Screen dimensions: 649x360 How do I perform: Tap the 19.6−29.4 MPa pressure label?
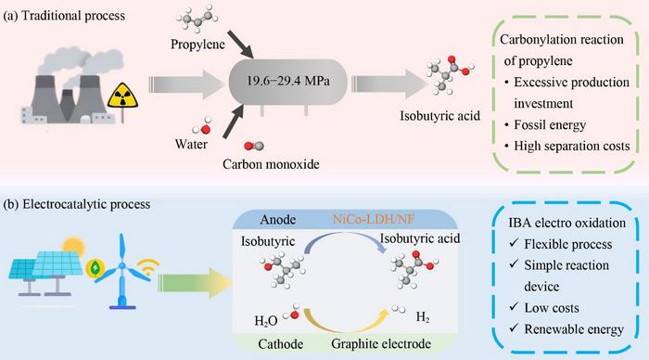[288, 81]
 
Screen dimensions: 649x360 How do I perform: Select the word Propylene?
[197, 44]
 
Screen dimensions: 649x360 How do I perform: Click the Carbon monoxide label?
[271, 164]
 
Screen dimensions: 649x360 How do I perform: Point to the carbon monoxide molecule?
[254, 146]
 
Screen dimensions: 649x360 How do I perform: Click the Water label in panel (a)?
[191, 144]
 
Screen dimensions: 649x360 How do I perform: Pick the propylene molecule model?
[197, 19]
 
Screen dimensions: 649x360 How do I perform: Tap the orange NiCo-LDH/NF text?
[374, 219]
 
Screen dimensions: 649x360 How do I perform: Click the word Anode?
[278, 219]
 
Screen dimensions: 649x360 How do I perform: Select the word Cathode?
[280, 344]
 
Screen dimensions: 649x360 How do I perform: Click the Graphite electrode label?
[381, 343]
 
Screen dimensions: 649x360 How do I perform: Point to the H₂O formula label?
[266, 321]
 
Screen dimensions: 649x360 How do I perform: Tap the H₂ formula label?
[423, 317]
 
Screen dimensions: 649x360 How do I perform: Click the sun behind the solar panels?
[73, 247]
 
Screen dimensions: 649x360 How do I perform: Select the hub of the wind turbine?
[122, 265]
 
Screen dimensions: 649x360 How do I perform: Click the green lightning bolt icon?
[95, 268]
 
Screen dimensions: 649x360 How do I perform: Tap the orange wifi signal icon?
[147, 267]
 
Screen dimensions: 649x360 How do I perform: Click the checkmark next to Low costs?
[514, 306]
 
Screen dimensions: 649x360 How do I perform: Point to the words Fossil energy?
[550, 124]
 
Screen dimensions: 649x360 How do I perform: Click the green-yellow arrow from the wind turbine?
[194, 283]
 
